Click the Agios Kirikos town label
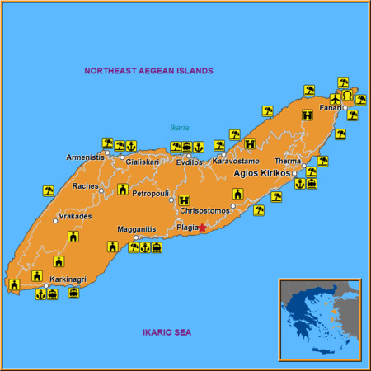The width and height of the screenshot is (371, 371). (x=262, y=174)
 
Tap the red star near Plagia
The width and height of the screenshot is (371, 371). (x=203, y=227)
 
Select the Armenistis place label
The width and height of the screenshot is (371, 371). (x=86, y=157)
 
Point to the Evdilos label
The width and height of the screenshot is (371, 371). (x=189, y=162)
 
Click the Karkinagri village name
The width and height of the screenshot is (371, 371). (x=68, y=279)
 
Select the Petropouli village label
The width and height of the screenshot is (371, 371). (x=150, y=194)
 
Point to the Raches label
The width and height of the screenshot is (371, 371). (x=85, y=186)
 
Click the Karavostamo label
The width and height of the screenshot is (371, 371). (x=236, y=161)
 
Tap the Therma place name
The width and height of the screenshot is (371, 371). (x=288, y=162)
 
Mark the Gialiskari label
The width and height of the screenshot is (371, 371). (x=143, y=162)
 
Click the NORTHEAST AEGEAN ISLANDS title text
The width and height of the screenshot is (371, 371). (x=148, y=71)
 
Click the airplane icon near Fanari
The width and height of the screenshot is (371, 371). (x=336, y=98)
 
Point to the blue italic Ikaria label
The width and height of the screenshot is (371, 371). (x=179, y=127)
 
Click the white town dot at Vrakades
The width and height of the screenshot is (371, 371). (x=55, y=221)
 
